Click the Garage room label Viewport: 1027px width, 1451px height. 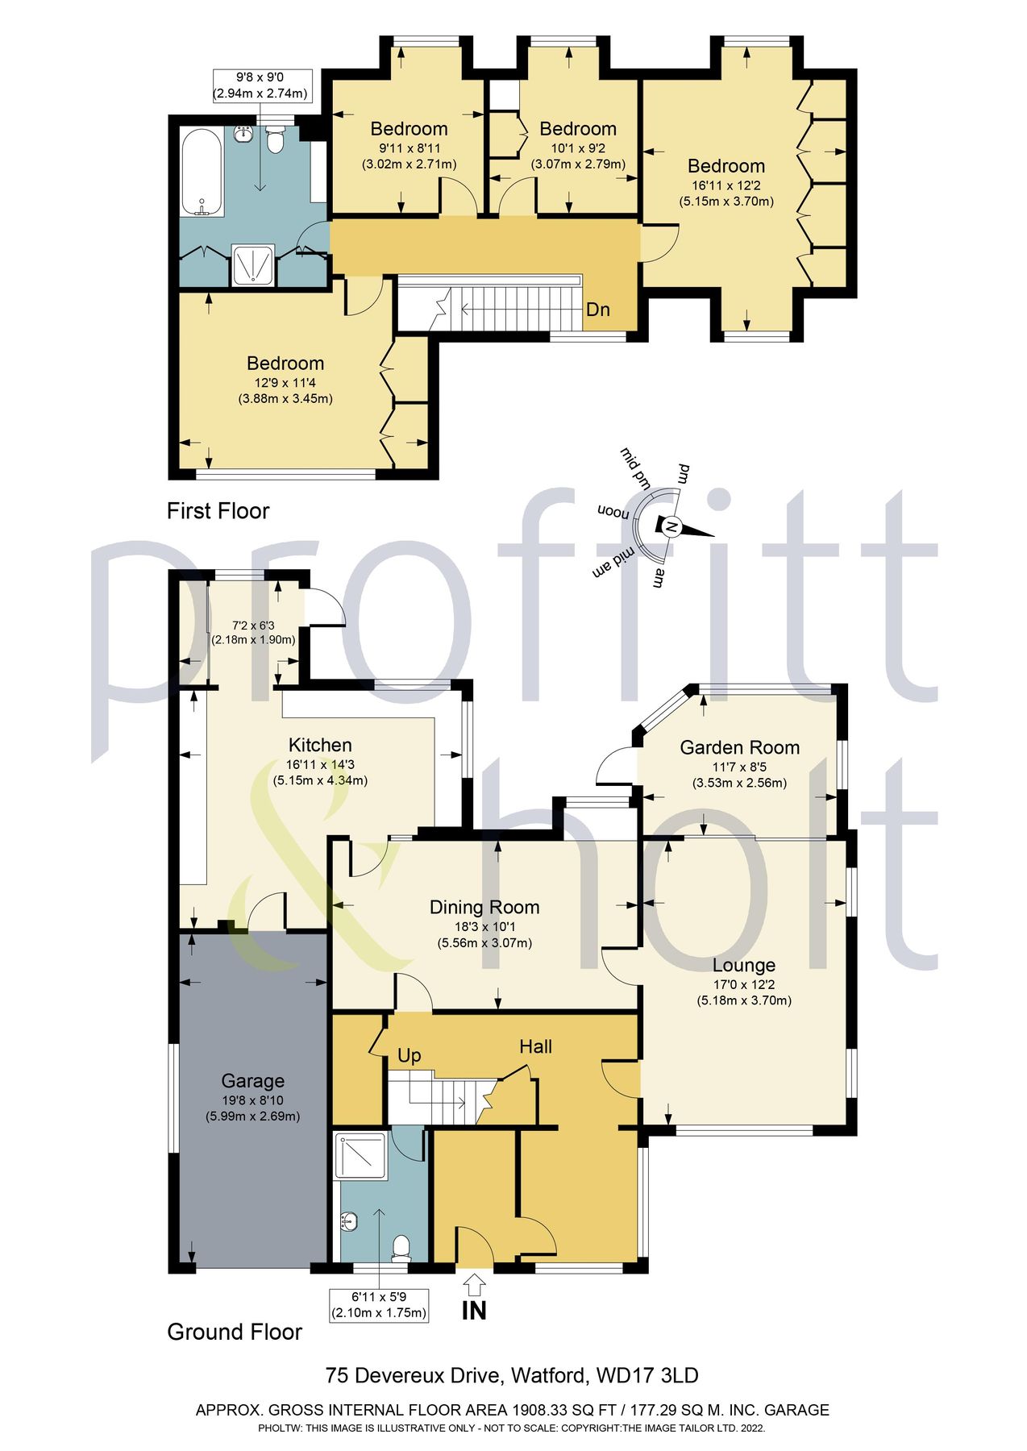pyautogui.click(x=252, y=1081)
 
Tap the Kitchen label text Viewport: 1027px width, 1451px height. pyautogui.click(x=320, y=745)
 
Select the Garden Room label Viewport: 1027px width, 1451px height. pyautogui.click(x=739, y=747)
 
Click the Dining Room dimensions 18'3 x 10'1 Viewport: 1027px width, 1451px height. pyautogui.click(x=484, y=927)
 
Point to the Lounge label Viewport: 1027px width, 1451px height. pyautogui.click(x=743, y=965)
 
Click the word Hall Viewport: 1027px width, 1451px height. pyautogui.click(x=535, y=1046)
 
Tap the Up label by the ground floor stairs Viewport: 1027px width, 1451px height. pyautogui.click(x=409, y=1055)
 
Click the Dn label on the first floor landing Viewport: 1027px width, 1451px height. pyautogui.click(x=597, y=310)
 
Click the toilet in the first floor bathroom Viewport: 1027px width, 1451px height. pyautogui.click(x=275, y=142)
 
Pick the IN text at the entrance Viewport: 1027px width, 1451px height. pyautogui.click(x=474, y=1311)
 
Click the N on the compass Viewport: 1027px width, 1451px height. pyautogui.click(x=670, y=526)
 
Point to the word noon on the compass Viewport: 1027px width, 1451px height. pyautogui.click(x=613, y=512)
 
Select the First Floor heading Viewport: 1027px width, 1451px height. pyautogui.click(x=218, y=510)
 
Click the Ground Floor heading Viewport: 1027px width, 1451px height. pyautogui.click(x=234, y=1332)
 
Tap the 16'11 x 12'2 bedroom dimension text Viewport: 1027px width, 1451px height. pyautogui.click(x=726, y=185)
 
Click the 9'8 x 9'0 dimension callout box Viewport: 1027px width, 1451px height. pyautogui.click(x=260, y=85)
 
